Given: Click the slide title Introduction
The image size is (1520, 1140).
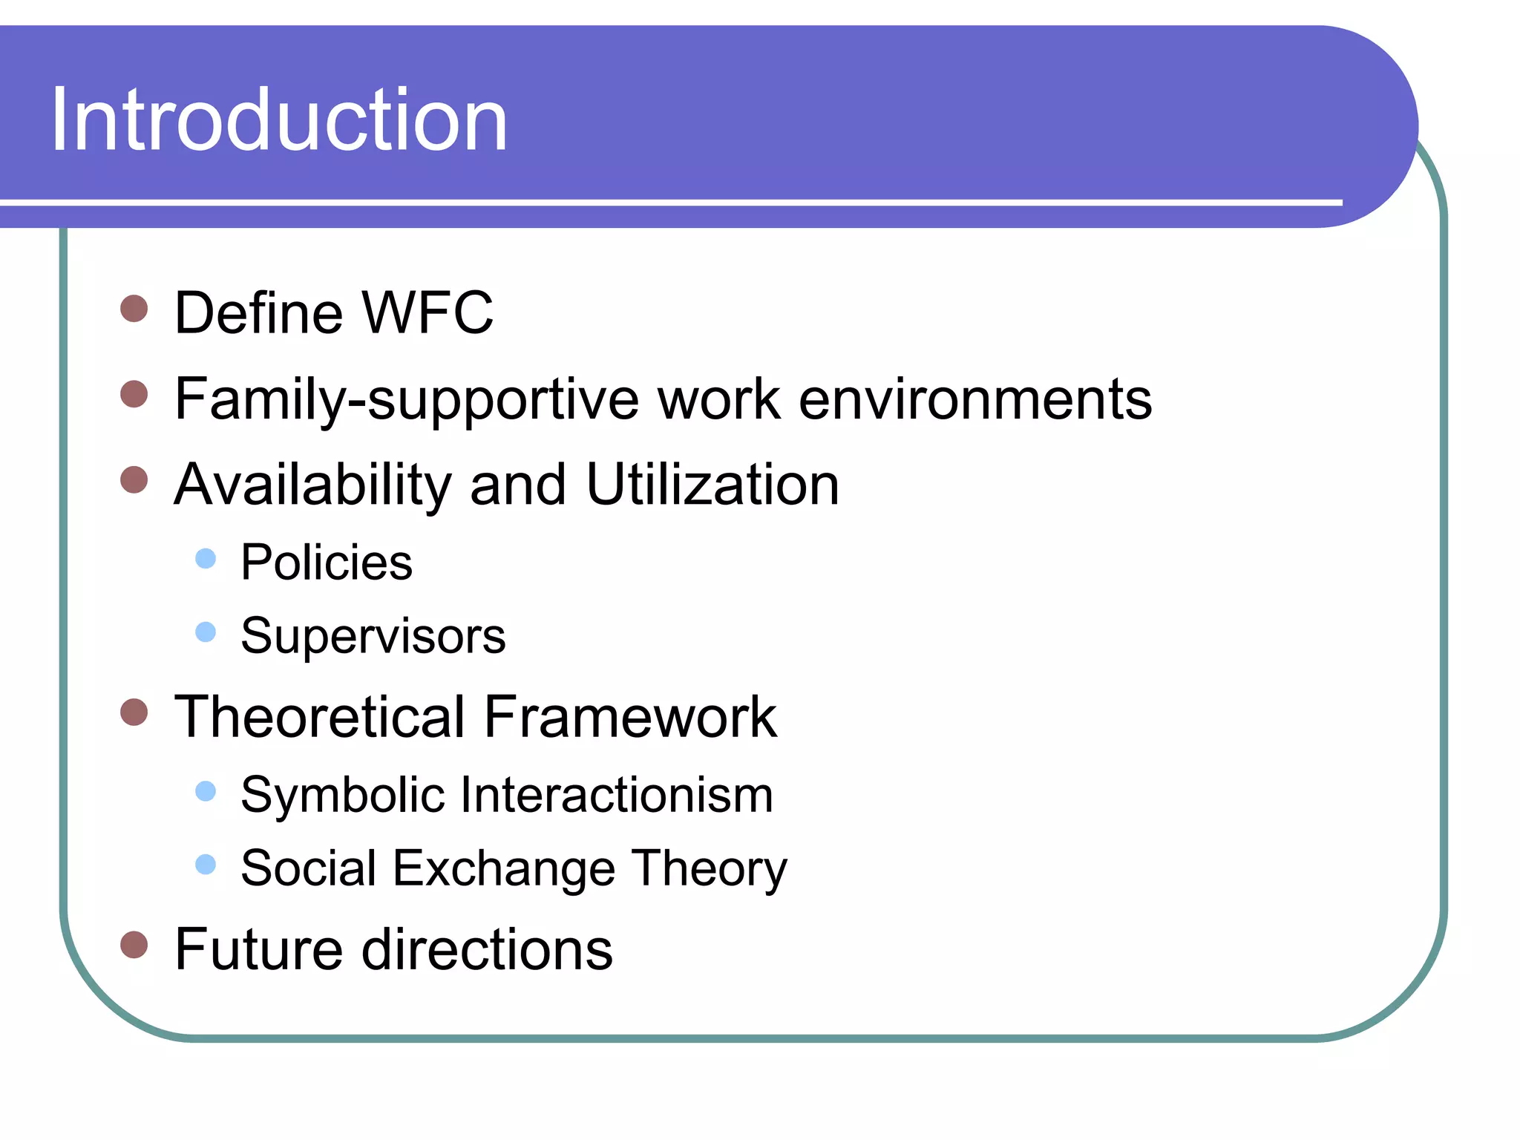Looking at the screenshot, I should (278, 120).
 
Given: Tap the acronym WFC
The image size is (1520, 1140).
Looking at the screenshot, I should (428, 313).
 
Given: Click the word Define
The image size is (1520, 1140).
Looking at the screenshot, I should (258, 313).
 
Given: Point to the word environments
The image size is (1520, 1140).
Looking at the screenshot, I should (975, 399).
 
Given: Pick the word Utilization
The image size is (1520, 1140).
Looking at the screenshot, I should (712, 485).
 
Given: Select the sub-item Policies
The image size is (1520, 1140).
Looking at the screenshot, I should (326, 563).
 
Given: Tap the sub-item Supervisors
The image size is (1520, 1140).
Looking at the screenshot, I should (373, 637).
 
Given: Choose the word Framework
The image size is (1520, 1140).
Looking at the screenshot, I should (630, 718).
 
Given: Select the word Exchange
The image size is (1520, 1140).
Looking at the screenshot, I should (504, 868).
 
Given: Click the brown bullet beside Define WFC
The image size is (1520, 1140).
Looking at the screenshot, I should (134, 308).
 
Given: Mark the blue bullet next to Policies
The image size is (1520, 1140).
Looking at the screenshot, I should (206, 558).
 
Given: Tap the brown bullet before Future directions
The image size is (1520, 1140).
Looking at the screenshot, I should (134, 945).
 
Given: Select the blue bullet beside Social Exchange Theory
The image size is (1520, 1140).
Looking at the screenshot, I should (206, 864).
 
